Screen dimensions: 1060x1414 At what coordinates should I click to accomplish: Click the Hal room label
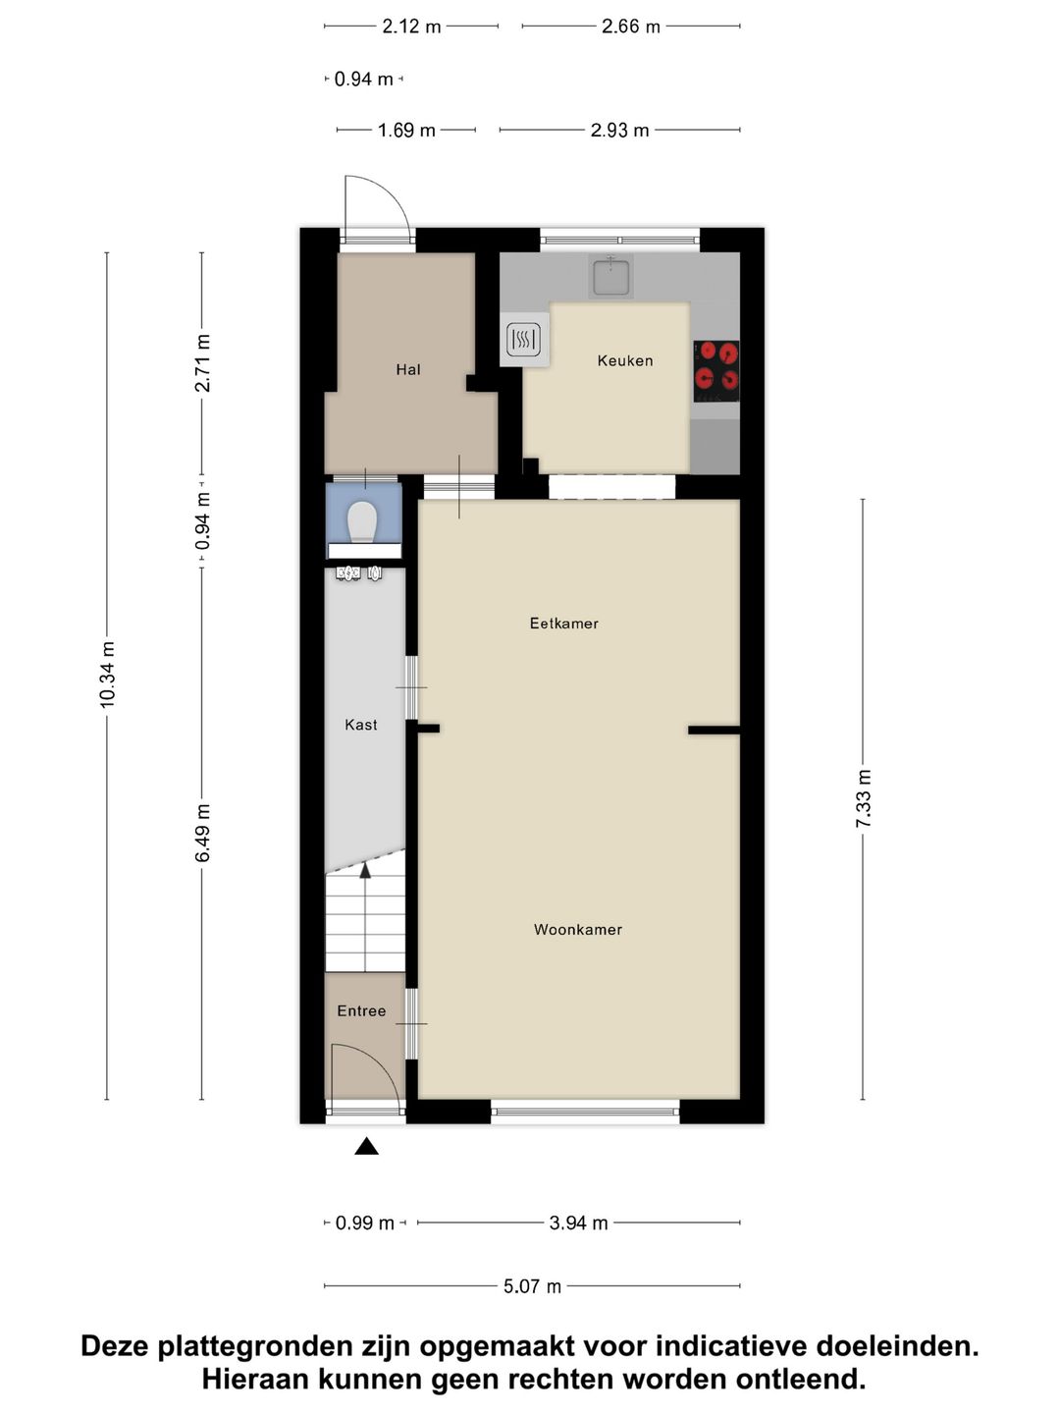point(408,370)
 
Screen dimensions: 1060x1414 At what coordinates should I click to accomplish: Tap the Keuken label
point(625,360)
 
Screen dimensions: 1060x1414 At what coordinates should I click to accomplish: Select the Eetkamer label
point(563,623)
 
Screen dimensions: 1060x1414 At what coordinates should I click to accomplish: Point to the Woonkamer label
point(578,929)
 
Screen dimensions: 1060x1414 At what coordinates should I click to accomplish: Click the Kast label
point(361,725)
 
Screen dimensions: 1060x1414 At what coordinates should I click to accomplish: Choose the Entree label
point(362,1010)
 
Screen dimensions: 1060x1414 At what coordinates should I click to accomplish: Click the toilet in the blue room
point(362,521)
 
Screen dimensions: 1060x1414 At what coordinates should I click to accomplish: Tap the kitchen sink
point(610,276)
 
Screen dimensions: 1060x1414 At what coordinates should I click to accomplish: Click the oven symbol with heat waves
point(523,340)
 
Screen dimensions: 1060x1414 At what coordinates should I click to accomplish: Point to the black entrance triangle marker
point(366,1146)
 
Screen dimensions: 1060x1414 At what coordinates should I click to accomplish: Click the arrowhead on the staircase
point(365,871)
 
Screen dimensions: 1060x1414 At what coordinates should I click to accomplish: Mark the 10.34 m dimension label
point(107,675)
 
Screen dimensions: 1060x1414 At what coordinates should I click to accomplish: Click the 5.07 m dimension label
point(532,1285)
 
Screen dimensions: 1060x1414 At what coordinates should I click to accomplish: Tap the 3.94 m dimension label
point(579,1223)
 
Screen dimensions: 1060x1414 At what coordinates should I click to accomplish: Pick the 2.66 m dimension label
point(631,27)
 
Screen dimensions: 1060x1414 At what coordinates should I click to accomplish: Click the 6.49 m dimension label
point(203,833)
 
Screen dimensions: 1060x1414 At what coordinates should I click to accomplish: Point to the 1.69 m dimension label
point(406,131)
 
